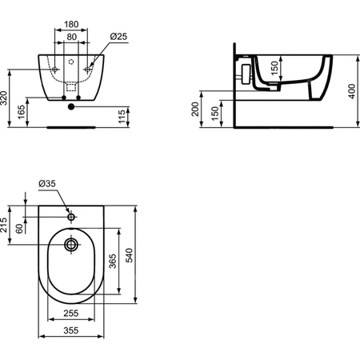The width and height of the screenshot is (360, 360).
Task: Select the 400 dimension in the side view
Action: (x=350, y=90)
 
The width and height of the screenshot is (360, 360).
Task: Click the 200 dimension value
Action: (x=196, y=110)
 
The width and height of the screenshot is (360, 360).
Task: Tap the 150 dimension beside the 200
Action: (x=213, y=113)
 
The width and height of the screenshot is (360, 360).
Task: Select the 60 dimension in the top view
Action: (x=21, y=230)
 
